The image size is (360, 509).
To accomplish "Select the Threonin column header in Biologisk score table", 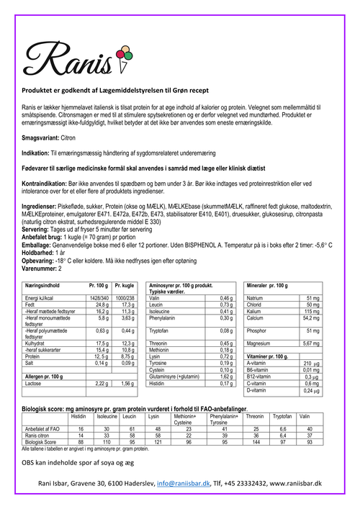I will tap(254, 417).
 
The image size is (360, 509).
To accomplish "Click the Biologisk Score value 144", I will tap(254, 441).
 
